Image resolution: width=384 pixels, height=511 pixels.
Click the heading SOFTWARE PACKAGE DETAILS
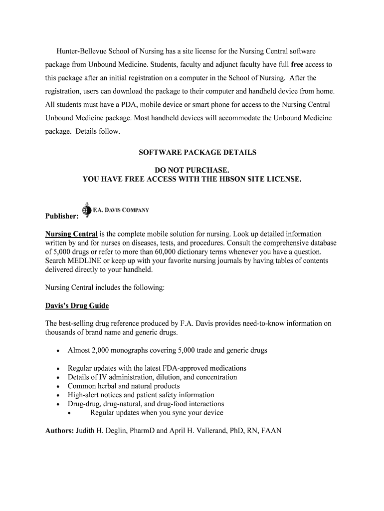[197, 152]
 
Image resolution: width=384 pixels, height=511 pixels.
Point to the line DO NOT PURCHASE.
[192, 170]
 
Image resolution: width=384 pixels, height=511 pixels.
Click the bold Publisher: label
[62, 217]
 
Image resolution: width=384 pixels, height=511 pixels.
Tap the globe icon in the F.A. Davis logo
[87, 209]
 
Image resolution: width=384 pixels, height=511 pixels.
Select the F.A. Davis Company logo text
[121, 210]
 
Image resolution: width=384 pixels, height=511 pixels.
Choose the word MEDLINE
[86, 261]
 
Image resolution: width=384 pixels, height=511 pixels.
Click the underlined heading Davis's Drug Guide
[77, 305]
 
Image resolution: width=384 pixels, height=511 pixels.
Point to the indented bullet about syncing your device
[157, 413]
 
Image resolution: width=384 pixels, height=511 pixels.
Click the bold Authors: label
[59, 431]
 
